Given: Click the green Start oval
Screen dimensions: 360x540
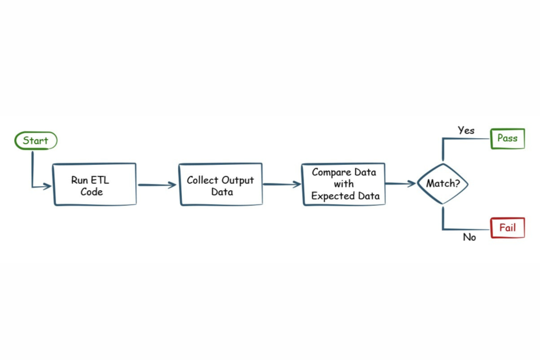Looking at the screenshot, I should pos(36,141).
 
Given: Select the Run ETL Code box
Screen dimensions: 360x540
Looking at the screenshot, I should pos(94,184).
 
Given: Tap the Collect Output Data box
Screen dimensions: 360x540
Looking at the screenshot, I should pos(220,184).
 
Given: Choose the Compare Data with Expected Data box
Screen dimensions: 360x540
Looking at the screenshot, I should pos(343,184).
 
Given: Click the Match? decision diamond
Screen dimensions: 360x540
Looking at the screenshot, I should pos(442,184).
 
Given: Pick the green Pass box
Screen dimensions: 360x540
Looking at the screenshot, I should pos(507,139).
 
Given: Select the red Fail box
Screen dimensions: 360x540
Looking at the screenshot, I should pos(507,228).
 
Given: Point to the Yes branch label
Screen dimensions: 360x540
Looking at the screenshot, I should pos(466,130).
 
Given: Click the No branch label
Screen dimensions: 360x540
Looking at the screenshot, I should pos(469,238).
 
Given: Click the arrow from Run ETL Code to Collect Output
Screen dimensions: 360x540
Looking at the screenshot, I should pos(157,185).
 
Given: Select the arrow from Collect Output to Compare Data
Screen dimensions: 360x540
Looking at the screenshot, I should pos(282,184).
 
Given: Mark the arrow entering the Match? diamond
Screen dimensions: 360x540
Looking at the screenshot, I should pos(400,184).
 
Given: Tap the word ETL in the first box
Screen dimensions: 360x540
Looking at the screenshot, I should pos(100,180).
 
